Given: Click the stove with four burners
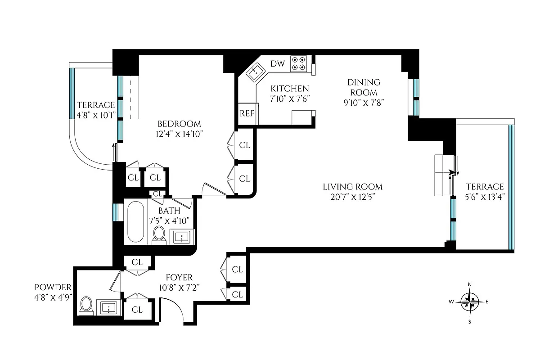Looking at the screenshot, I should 299,63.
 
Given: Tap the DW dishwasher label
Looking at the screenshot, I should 277,64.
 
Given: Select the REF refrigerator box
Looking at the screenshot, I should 247,113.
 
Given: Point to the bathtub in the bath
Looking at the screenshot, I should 135,222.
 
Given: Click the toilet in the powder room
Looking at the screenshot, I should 85,306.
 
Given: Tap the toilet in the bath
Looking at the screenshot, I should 159,235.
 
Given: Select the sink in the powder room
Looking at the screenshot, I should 108,309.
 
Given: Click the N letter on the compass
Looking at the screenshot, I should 470,284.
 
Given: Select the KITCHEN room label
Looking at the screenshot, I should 289,89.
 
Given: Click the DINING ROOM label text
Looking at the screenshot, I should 363,87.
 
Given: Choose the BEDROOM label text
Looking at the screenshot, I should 179,124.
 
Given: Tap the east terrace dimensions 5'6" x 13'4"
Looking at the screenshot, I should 484,197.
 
